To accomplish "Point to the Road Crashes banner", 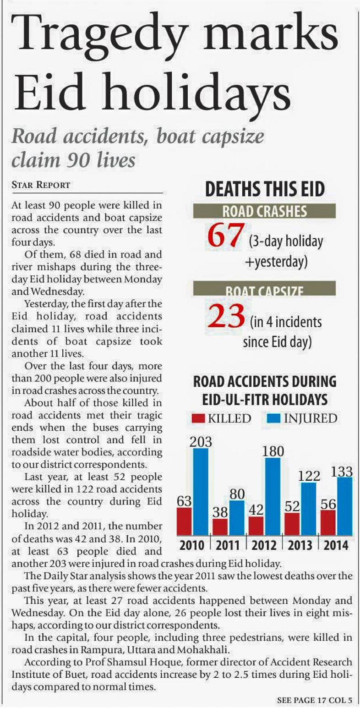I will [264, 211].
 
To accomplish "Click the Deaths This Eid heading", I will [265, 190].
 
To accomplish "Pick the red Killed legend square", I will [198, 418].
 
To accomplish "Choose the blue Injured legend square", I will [273, 418].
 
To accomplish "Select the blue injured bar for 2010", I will [201, 491].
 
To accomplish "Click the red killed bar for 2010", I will [184, 521].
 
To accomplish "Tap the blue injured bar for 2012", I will [273, 496].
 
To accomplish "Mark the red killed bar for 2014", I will [328, 522].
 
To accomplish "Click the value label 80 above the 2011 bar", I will [237, 494].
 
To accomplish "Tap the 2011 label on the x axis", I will [228, 545].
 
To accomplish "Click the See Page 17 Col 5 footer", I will [314, 700].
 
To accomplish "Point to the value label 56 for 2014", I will [328, 504].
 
